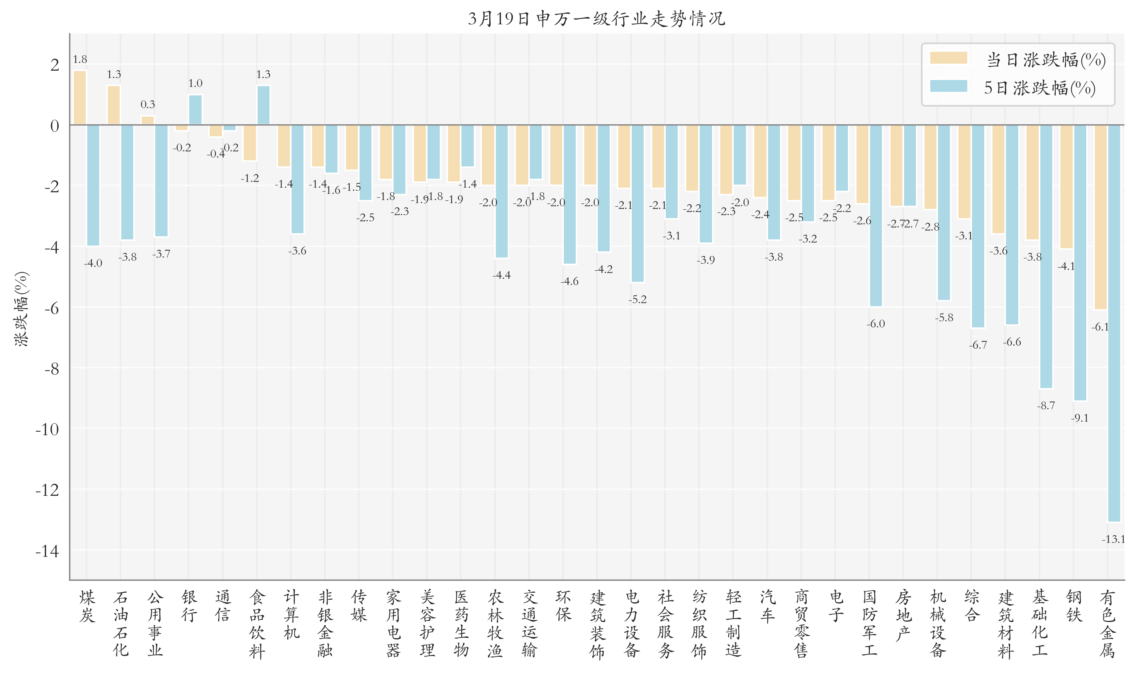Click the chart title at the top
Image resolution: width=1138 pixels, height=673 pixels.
tap(597, 19)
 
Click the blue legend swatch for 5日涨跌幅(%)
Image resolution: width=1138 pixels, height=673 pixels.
tap(948, 86)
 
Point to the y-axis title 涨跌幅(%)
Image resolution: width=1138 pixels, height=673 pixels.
tap(21, 309)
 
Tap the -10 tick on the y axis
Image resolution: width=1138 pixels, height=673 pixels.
tap(47, 429)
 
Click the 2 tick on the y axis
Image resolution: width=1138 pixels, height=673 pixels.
tap(54, 65)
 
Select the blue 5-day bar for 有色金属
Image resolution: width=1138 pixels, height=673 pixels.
tap(1114, 323)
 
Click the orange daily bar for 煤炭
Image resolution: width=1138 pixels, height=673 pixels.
tap(80, 98)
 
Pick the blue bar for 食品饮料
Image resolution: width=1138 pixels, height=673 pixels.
tap(263, 105)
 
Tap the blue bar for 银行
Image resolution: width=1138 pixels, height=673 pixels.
tap(195, 110)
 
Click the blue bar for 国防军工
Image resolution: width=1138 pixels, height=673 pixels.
tap(876, 215)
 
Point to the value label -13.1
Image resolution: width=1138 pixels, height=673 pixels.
tap(1113, 539)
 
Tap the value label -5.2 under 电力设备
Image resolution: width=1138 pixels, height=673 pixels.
tap(637, 300)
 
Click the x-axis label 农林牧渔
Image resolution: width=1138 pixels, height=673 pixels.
tap(495, 624)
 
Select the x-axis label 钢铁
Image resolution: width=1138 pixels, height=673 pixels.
tap(1074, 606)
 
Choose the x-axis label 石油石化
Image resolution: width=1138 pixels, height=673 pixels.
tap(120, 624)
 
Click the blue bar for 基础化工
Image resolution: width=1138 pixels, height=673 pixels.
tap(1046, 257)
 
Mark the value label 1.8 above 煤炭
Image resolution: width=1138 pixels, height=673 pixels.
tap(80, 59)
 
